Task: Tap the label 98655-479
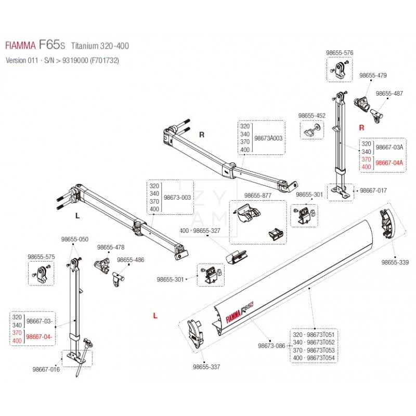(373, 75)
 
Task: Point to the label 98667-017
(373, 191)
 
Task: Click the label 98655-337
(206, 367)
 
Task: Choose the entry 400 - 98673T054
(313, 358)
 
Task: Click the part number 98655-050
(75, 240)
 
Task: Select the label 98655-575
(41, 257)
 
